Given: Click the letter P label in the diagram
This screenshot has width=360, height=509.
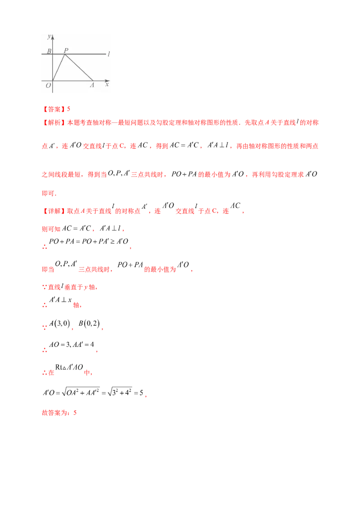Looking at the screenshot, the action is (x=67, y=50).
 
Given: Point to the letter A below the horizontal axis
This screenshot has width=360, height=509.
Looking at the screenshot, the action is (x=92, y=85).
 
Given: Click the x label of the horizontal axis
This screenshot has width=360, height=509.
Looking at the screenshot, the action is (x=107, y=84).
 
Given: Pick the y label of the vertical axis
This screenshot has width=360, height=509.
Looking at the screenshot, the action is (x=49, y=36).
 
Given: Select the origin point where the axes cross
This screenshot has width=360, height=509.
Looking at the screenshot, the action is (x=53, y=81).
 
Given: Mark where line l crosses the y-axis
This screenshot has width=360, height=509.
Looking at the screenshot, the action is (x=53, y=54).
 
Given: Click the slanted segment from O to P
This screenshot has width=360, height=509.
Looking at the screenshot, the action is (x=59, y=67).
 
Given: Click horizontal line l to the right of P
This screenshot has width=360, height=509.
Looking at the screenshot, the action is (x=88, y=54).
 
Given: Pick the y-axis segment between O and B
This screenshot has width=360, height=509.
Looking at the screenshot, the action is (x=53, y=67).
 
